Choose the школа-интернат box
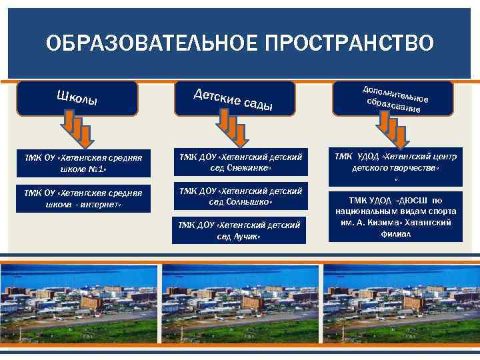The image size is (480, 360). point(83,199)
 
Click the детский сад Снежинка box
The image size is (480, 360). point(241,162)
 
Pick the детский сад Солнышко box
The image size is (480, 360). point(241,196)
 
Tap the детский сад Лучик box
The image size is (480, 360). point(239,230)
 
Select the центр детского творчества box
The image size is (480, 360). point(395,162)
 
